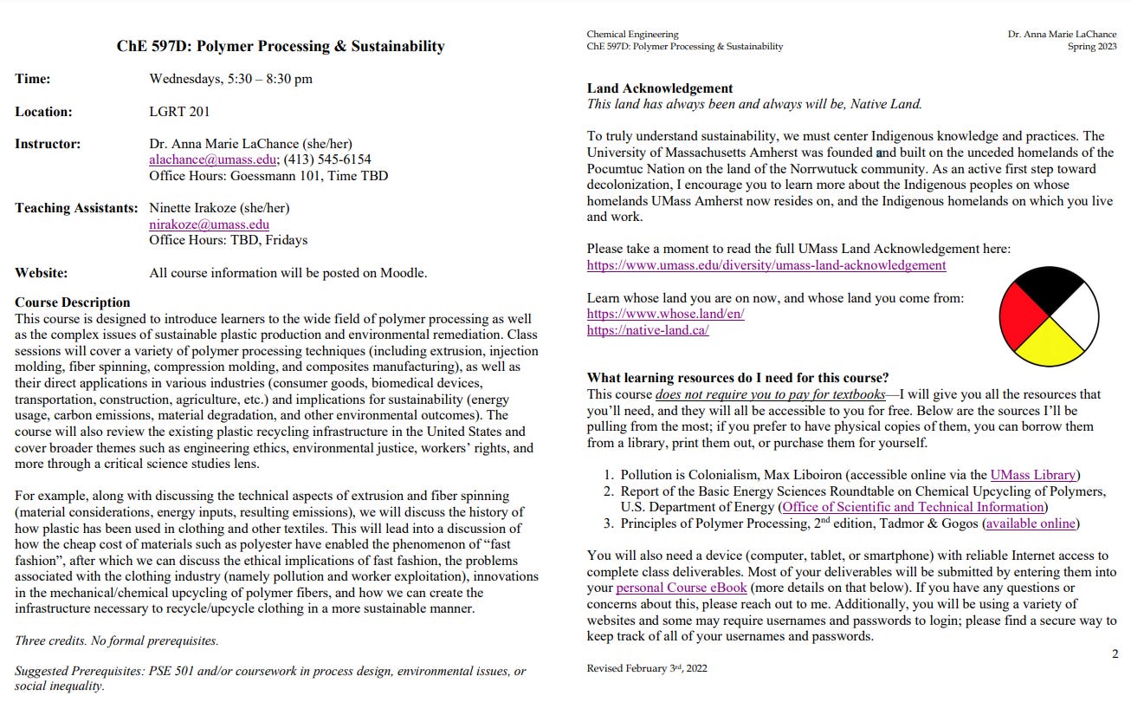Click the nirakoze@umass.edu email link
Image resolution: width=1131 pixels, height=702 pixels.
209,224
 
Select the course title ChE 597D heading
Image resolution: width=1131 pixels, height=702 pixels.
281,47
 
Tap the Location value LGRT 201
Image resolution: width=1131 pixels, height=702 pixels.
179,111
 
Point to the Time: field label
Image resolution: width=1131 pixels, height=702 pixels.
32,79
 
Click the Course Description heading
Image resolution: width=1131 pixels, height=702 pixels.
73,302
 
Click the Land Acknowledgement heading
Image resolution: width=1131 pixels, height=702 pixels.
660,88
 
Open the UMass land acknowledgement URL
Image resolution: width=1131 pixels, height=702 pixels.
766,265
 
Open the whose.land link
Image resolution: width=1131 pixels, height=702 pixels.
665,314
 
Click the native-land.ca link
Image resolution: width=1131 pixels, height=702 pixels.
648,330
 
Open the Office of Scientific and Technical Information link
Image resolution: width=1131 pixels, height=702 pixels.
914,507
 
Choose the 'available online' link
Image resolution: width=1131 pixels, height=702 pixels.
1031,523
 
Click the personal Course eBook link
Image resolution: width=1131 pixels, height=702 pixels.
665,588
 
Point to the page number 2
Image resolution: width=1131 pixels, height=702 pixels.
1115,653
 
